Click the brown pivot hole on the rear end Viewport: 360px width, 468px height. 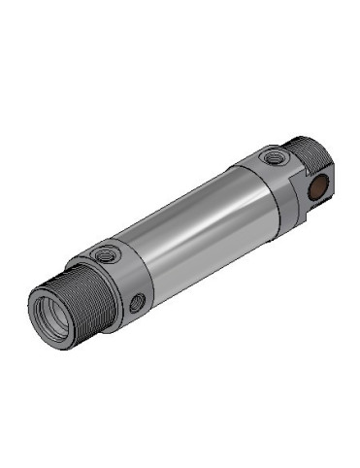tap(315, 189)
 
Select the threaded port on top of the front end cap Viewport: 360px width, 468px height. tap(103, 255)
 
